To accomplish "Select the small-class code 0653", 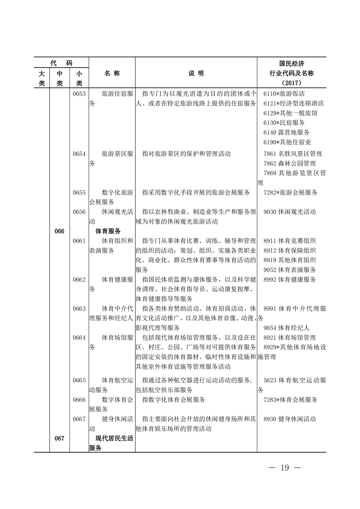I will (79, 93).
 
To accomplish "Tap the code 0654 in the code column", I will (79, 154).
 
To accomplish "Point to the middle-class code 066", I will (59, 231).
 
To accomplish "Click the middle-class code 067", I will (59, 438).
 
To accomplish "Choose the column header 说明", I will (196, 73).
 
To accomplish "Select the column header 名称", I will (112, 73).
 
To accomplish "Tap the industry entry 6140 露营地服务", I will (286, 132).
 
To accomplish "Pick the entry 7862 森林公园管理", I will (290, 163).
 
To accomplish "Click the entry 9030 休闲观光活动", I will (290, 212).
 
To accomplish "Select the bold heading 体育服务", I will (108, 231).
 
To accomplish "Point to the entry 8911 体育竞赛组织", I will (290, 241).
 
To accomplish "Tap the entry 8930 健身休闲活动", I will (290, 419).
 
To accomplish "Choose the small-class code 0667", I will (79, 419).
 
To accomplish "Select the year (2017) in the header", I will (291, 83).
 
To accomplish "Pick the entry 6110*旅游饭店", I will (284, 93).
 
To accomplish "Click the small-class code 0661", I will (79, 241).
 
